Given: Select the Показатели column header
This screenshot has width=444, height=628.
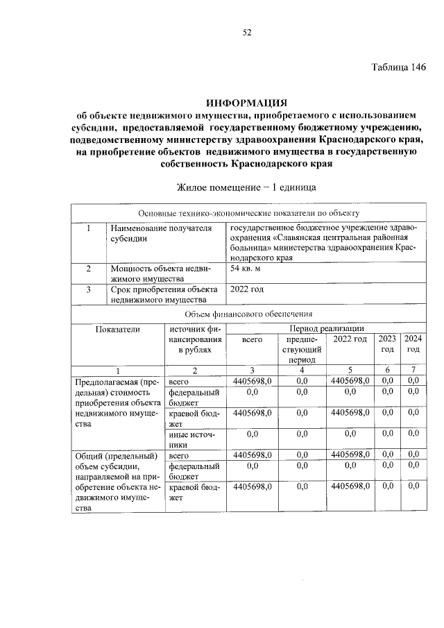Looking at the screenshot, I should point(118,329).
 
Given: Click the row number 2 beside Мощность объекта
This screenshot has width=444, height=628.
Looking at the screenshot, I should point(88,268).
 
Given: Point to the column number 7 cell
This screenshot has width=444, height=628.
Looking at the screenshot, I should point(413,371).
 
